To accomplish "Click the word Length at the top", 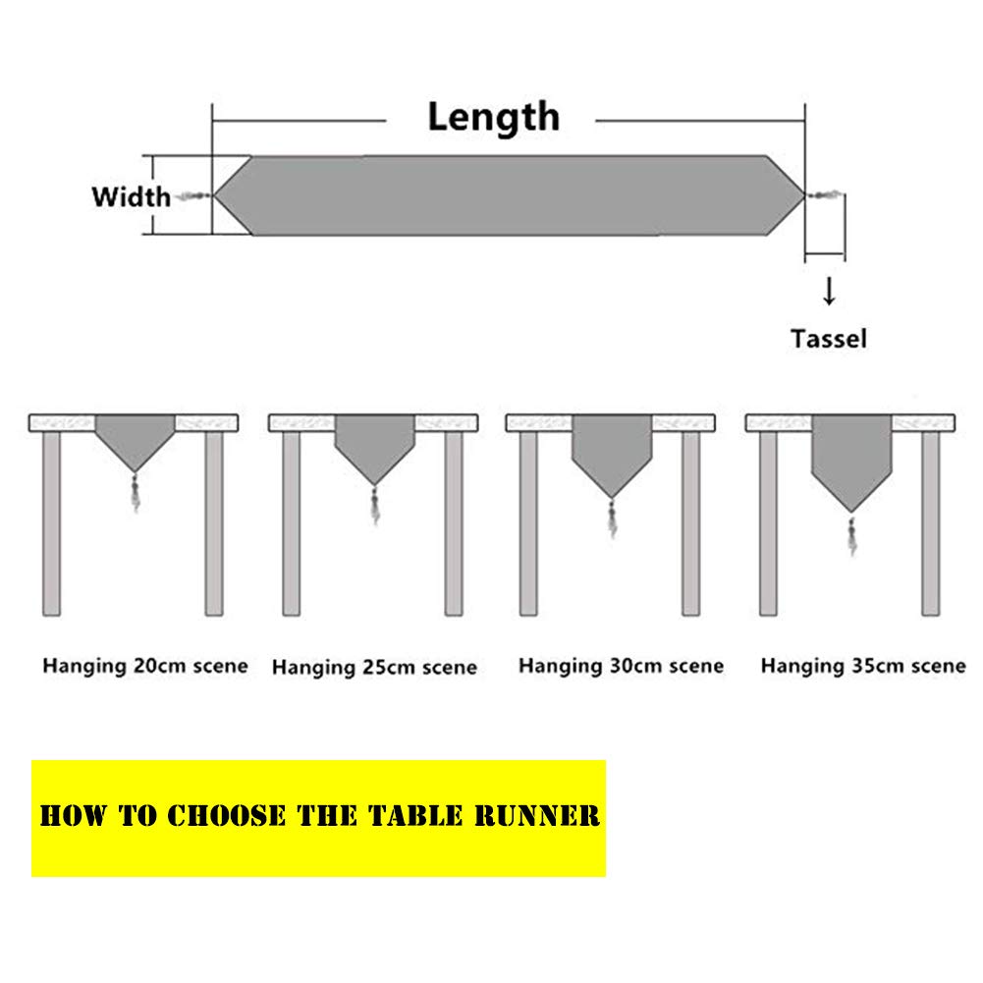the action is tap(493, 117).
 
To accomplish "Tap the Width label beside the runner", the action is tap(131, 196).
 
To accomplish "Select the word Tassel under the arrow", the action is tap(829, 339).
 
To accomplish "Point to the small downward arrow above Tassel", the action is tap(829, 291).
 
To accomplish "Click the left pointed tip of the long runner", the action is tap(215, 195).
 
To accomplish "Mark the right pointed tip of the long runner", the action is tap(804, 195).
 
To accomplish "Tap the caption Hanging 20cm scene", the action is tap(145, 666).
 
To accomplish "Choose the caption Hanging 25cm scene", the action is tap(374, 667).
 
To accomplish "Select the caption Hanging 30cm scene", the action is tap(622, 666).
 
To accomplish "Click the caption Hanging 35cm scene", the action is tap(863, 666).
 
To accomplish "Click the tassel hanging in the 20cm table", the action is tap(136, 493).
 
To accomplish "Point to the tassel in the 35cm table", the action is tap(852, 535).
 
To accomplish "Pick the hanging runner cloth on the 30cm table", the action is tap(612, 453).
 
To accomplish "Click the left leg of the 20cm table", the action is tap(51, 523).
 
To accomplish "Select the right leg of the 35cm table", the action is tap(930, 523).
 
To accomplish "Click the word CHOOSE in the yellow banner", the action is tap(226, 816).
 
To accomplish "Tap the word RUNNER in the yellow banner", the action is tap(536, 816).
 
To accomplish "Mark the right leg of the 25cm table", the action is tap(454, 523).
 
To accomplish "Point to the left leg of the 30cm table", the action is tap(528, 523).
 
